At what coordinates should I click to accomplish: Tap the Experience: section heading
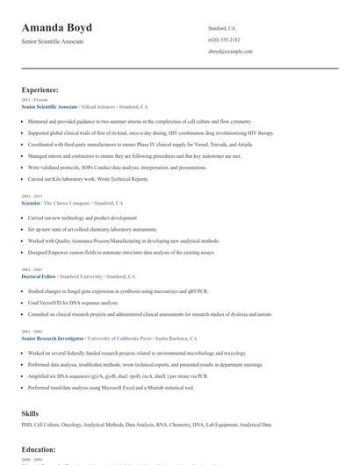pos(40,89)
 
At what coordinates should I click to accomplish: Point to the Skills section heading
pos(30,412)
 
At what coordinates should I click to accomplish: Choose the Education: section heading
pos(39,449)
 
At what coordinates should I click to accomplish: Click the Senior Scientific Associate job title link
pos(50,106)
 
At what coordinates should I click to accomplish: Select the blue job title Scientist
pos(31,203)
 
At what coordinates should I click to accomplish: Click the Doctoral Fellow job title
pos(40,275)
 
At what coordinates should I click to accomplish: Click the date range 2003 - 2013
pos(31,197)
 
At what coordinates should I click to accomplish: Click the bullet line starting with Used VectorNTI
pos(76,302)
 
